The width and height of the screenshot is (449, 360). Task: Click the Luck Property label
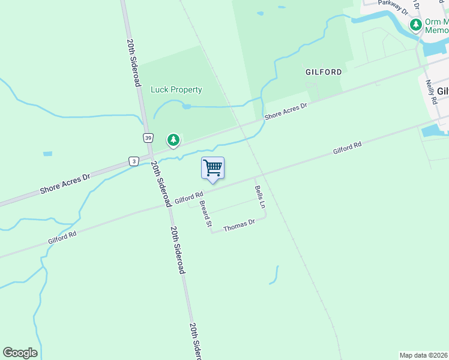pos(176,90)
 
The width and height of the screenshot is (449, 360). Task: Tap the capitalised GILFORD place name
pos(324,72)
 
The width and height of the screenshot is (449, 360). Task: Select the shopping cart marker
pos(212,168)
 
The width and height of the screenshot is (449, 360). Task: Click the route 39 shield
pos(148,138)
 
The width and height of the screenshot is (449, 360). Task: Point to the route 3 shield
pos(133,161)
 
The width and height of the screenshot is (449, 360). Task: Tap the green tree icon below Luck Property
pos(173,140)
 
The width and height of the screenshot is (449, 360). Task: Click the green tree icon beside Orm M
pos(415,25)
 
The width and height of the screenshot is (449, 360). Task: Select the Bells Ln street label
pos(260,196)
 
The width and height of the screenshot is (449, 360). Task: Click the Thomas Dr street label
pos(239,226)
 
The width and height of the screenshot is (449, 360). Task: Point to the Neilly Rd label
pos(431,93)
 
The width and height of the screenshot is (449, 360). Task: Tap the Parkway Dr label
pos(394,7)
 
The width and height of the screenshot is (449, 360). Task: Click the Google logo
pos(20,353)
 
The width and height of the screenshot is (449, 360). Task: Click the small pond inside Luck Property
pos(187,106)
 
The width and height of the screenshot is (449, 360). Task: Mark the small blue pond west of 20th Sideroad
pos(47,154)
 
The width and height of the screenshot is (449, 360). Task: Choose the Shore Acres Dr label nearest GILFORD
pos(286,110)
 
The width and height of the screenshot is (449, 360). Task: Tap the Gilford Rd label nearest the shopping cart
pos(190,197)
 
